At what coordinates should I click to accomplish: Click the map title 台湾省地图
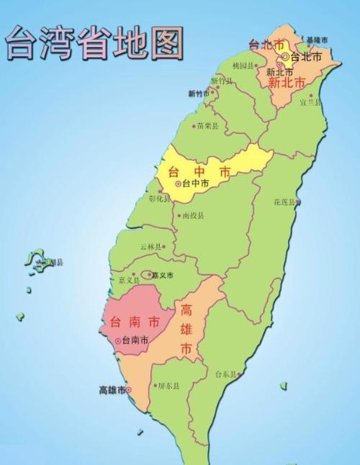[x=94, y=42]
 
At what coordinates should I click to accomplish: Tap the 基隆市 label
[x=317, y=40]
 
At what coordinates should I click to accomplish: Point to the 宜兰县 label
[x=310, y=102]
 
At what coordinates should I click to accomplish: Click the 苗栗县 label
[x=207, y=125]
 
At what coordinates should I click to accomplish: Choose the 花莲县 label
[x=285, y=202]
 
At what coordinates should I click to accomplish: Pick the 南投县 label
[x=193, y=215]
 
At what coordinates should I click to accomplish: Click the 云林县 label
[x=151, y=246]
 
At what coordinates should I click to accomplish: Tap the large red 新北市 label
[x=290, y=83]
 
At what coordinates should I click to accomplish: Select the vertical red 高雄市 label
[x=186, y=330]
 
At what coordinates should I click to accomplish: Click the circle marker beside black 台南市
[x=117, y=340]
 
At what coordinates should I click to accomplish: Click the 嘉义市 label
[x=163, y=274]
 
